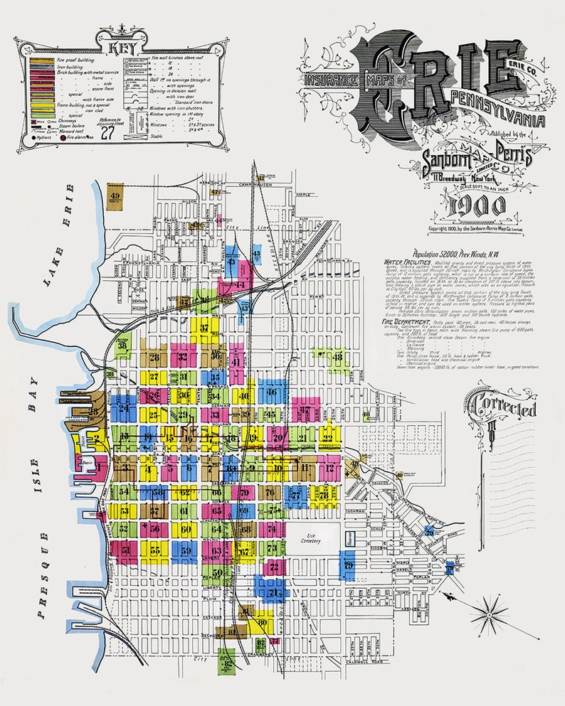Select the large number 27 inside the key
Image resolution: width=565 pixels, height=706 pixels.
[107, 132]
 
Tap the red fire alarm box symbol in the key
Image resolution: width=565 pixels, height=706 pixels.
[63, 139]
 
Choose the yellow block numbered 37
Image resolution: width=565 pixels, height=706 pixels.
[204, 328]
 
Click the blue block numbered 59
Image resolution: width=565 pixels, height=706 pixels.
[184, 550]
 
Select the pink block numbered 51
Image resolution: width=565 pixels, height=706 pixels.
[125, 550]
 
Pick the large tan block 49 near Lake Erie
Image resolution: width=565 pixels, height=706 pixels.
[115, 196]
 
